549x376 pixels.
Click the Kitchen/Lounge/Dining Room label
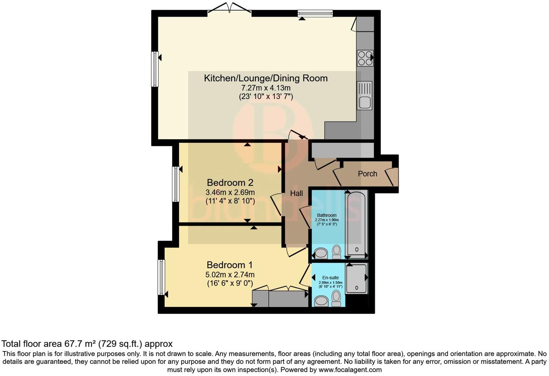pyautogui.click(x=265, y=78)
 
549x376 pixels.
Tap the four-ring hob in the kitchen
pyautogui.click(x=365, y=58)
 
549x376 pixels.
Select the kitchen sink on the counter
pyautogui.click(x=364, y=96)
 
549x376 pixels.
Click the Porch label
pyautogui.click(x=367, y=174)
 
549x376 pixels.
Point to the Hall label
pyautogui.click(x=297, y=193)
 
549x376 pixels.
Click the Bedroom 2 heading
pyautogui.click(x=230, y=182)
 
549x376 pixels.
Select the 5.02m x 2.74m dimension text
pyautogui.click(x=230, y=275)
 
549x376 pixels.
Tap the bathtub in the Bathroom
pyautogui.click(x=356, y=224)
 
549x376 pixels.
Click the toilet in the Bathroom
pyautogui.click(x=337, y=252)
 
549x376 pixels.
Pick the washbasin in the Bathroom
pyautogui.click(x=320, y=253)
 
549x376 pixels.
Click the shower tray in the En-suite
pyautogui.click(x=356, y=278)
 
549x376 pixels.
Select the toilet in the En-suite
pyautogui.click(x=337, y=298)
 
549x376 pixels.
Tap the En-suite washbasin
pyautogui.click(x=320, y=301)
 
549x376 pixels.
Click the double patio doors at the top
pyautogui.click(x=230, y=10)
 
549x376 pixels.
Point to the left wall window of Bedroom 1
pyautogui.click(x=161, y=277)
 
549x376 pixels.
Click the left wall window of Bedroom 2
pyautogui.click(x=176, y=184)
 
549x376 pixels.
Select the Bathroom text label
pyautogui.click(x=327, y=215)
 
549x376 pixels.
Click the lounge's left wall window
pyautogui.click(x=155, y=69)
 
